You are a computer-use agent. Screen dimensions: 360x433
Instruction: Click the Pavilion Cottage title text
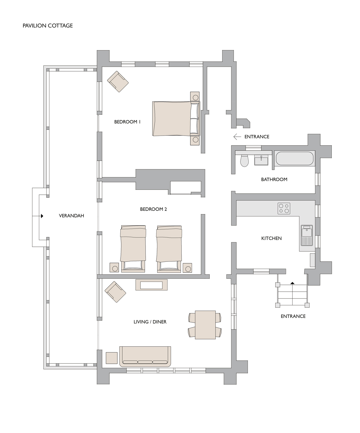click(x=47, y=26)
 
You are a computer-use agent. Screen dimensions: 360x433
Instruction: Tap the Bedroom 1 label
click(x=127, y=122)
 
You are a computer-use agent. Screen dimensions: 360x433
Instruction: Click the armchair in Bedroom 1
click(x=118, y=82)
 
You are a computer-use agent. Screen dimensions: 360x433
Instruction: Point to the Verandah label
click(x=71, y=216)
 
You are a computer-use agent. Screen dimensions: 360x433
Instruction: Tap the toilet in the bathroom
click(x=244, y=160)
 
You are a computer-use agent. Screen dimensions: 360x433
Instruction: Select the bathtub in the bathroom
click(x=294, y=158)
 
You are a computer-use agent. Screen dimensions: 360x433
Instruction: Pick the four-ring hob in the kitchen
click(x=284, y=208)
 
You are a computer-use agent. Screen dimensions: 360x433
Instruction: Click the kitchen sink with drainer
click(x=307, y=235)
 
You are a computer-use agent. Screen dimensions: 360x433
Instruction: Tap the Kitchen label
click(x=271, y=239)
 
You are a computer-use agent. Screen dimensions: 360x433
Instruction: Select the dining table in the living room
click(x=205, y=325)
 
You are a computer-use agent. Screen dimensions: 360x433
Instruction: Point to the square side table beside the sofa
click(x=112, y=358)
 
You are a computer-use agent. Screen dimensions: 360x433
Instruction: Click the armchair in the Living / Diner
click(x=115, y=292)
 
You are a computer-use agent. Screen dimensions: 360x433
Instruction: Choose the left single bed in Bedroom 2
click(x=133, y=249)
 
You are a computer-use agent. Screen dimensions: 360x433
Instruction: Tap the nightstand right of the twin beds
click(x=187, y=268)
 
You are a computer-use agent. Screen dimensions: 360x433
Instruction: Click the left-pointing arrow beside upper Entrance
click(x=237, y=137)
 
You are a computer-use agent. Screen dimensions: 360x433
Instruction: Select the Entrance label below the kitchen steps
click(x=293, y=316)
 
